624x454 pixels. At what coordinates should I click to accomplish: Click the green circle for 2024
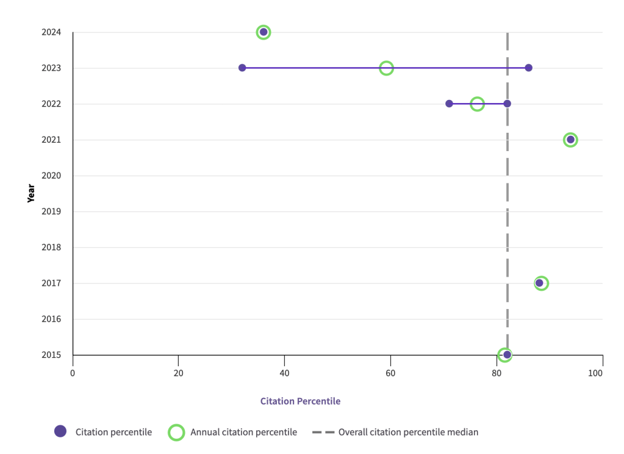264,32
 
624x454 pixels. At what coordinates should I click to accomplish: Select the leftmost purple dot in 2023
242,68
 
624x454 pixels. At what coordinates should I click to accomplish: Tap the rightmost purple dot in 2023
528,68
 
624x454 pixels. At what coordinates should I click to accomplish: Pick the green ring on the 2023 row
386,68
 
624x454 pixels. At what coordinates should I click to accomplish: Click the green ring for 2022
478,104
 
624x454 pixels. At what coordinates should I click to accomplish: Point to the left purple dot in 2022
449,104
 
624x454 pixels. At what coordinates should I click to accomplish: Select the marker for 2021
570,140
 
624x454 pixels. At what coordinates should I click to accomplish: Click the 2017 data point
540,283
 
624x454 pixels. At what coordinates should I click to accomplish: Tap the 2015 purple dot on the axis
507,355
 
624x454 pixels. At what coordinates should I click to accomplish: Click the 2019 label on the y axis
52,212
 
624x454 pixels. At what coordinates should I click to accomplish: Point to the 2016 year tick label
52,319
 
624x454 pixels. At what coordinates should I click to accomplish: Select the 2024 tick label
52,32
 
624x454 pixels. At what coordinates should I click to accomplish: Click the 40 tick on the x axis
284,373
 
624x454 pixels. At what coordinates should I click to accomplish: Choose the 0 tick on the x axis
73,373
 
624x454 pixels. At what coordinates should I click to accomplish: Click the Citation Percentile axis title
300,401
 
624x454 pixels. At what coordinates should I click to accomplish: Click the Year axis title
31,193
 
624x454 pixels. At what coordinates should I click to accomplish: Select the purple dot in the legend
60,431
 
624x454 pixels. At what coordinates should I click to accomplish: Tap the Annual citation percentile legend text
243,432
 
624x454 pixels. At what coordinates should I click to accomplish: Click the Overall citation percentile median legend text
408,432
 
